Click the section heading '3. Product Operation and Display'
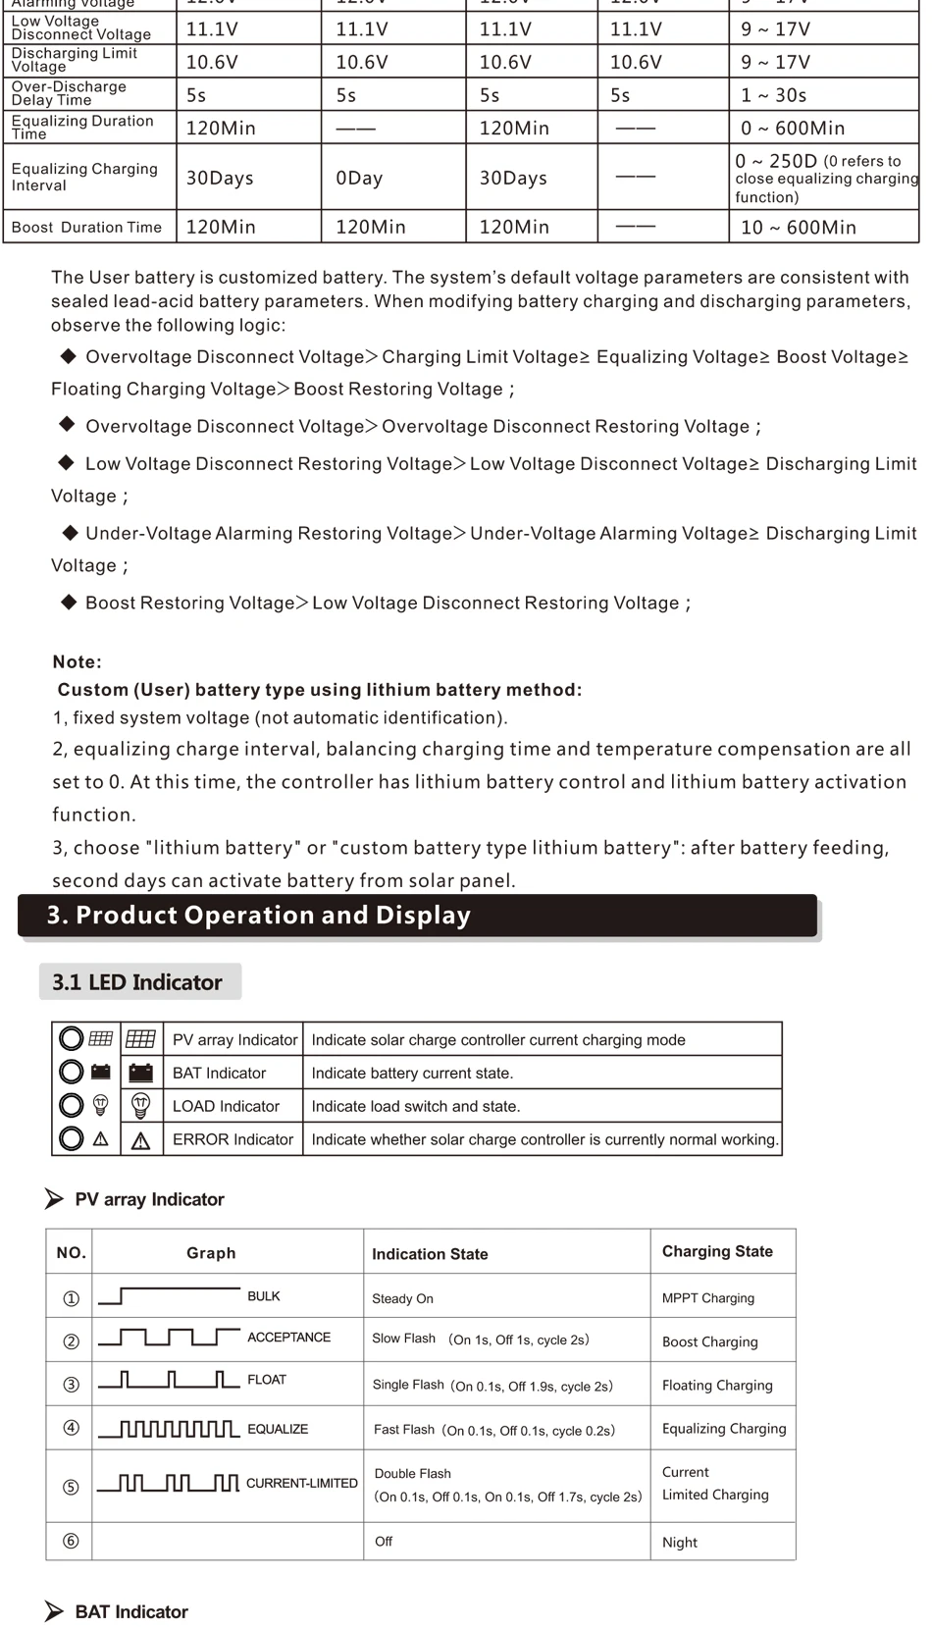point(259,915)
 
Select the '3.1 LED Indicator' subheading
point(137,982)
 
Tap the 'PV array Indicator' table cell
point(234,1040)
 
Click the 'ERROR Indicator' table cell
point(233,1139)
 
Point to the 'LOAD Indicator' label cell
point(226,1106)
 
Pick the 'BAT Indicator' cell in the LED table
point(219,1074)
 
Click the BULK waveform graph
point(169,1296)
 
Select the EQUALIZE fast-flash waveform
point(169,1429)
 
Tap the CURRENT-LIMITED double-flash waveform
point(169,1483)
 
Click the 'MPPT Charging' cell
point(708,1298)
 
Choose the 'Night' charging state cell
point(680,1543)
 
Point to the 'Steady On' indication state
point(402,1298)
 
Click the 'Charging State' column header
point(717,1251)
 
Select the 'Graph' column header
point(211,1253)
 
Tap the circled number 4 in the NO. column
point(71,1428)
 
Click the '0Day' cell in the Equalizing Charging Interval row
point(359,179)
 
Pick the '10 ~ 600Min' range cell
point(799,228)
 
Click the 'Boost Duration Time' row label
point(86,228)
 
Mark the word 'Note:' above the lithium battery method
point(78,662)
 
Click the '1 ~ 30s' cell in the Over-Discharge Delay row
point(774,95)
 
